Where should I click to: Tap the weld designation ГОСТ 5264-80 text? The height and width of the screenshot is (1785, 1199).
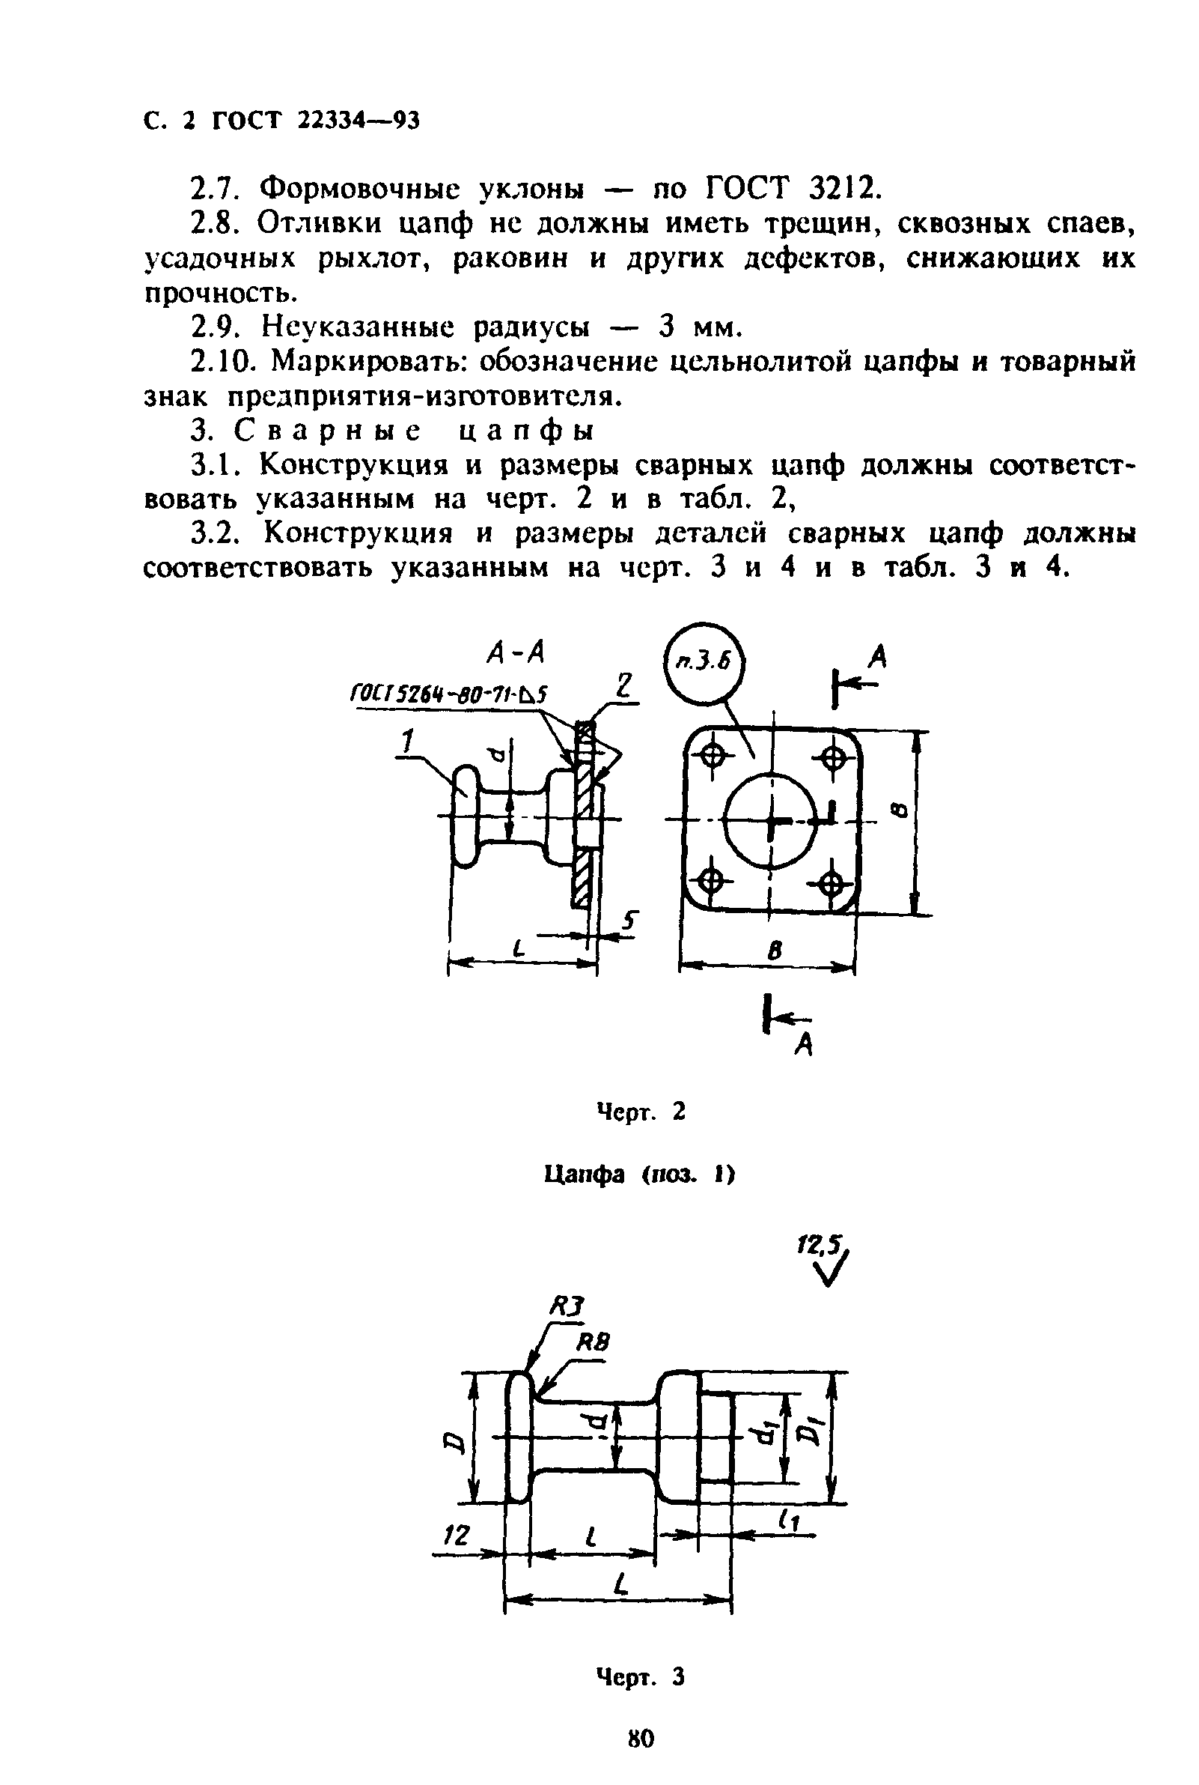449,694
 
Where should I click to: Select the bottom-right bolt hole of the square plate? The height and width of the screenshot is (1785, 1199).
832,885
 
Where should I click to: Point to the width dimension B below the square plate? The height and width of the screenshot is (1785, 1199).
774,951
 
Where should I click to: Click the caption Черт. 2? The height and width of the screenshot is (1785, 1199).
641,1112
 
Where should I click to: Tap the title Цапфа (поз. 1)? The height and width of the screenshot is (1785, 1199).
639,1174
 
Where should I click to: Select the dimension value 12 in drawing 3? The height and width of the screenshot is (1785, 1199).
457,1533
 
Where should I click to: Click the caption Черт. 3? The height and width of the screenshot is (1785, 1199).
641,1677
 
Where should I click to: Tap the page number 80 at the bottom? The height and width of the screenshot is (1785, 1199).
641,1739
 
